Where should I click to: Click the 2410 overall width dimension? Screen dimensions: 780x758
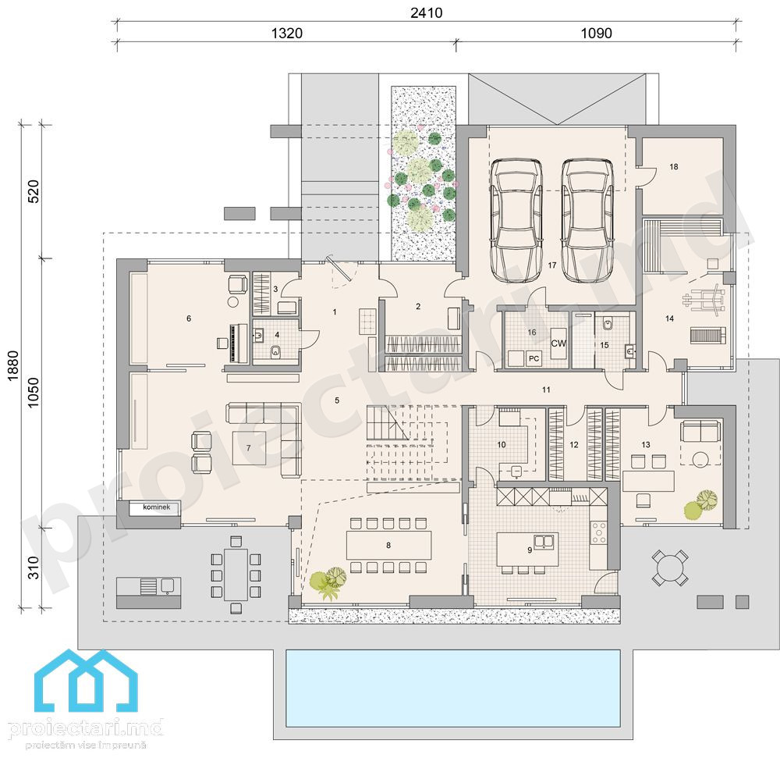(427, 12)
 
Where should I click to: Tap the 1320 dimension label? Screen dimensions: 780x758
(287, 34)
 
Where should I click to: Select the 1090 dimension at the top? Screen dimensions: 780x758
(597, 34)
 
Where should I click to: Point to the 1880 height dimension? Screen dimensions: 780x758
(13, 366)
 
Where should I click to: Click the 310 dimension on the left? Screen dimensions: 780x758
(33, 568)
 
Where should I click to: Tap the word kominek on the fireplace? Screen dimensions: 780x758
(156, 507)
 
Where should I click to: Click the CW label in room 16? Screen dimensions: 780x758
(558, 343)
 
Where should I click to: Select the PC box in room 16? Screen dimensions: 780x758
(534, 358)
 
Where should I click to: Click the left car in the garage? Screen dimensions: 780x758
(516, 220)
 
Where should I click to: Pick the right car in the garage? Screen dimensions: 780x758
(587, 220)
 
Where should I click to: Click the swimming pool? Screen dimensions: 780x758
(452, 688)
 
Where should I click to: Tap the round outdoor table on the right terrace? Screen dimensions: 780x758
(669, 568)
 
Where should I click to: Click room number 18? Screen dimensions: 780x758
(674, 167)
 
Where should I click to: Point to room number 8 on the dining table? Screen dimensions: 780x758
(388, 546)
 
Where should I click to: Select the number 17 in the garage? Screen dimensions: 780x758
(552, 265)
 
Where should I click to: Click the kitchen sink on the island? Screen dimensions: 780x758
(544, 540)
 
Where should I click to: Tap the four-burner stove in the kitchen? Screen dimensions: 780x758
(598, 532)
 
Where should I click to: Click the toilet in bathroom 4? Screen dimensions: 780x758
(276, 352)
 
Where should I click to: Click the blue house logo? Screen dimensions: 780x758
(86, 681)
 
